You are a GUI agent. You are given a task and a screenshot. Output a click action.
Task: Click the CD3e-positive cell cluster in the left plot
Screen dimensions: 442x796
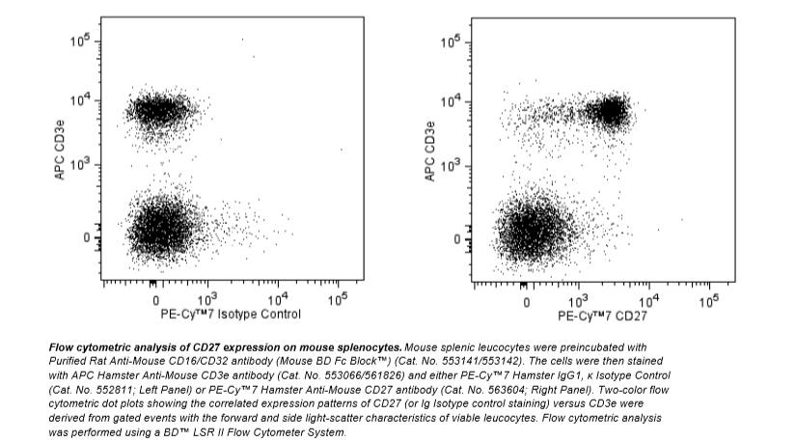pyautogui.click(x=154, y=112)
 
